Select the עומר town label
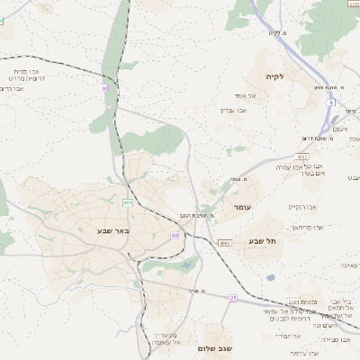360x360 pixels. coord(243,208)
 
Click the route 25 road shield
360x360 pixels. coord(233,298)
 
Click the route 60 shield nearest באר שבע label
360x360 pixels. coord(161,234)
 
